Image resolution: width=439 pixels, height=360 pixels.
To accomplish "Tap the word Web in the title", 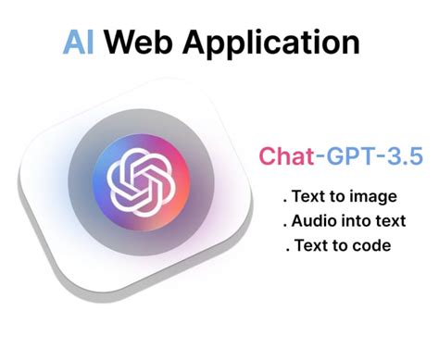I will click(x=142, y=43).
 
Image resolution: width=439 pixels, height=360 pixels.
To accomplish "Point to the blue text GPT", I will click(x=346, y=155).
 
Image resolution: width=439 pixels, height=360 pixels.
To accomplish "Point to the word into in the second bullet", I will click(x=357, y=222).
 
